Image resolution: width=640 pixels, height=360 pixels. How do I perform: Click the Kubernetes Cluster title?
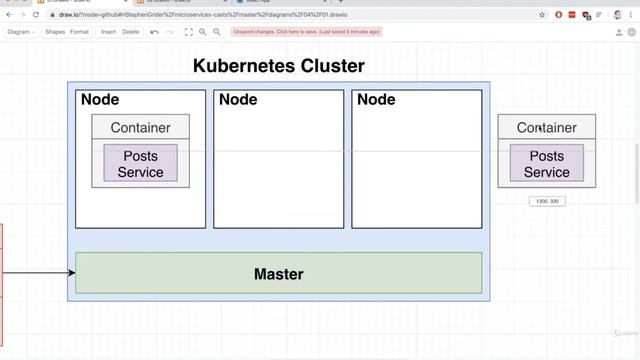278,67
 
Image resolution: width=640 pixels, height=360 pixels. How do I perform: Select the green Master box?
278,273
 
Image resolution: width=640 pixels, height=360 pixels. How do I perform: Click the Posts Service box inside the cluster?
140,163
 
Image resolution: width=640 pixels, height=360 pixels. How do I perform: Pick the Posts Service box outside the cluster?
546,163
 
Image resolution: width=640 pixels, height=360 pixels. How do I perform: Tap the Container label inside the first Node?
140,127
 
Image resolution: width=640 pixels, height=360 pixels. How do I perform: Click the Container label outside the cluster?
546,127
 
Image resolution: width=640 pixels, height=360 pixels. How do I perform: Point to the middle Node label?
238,100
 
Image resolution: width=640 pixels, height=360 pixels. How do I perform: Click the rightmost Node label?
376,100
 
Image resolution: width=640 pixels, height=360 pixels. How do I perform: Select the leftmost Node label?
100,100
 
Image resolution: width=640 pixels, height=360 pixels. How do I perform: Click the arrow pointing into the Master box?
40,272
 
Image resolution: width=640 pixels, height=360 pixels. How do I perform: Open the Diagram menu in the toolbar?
20,32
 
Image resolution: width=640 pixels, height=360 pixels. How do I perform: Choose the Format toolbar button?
79,32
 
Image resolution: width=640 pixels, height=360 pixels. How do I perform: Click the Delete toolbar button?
131,32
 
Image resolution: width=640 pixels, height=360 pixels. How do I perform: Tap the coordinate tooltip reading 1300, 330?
547,201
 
